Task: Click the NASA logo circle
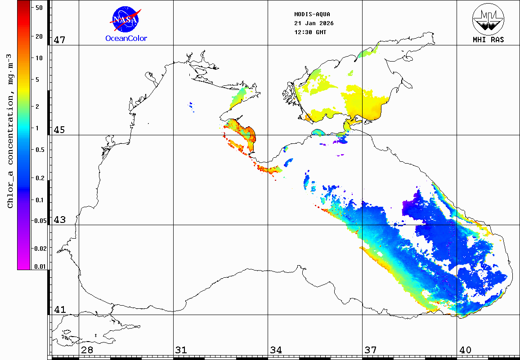click(x=126, y=19)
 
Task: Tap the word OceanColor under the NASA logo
click(x=126, y=39)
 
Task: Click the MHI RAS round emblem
click(x=488, y=18)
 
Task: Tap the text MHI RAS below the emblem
click(x=488, y=40)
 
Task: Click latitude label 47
click(x=59, y=40)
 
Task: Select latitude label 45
click(x=59, y=130)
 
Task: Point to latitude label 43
click(x=59, y=220)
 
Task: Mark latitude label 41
click(x=59, y=310)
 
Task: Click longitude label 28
click(x=87, y=350)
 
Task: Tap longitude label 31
click(x=181, y=350)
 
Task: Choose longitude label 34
click(x=276, y=350)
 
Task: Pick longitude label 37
click(x=370, y=350)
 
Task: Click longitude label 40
click(x=465, y=350)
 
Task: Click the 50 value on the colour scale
click(x=39, y=8)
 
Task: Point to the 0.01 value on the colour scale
click(x=40, y=267)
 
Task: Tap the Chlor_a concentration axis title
click(x=10, y=130)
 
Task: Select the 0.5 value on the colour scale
click(x=40, y=150)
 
